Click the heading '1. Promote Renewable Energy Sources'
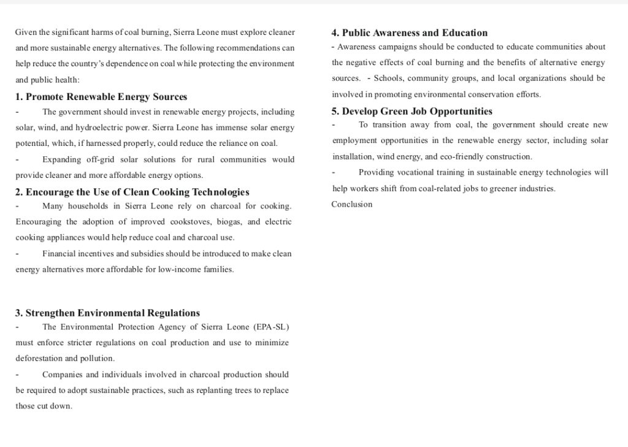pyautogui.click(x=101, y=97)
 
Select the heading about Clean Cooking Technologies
pyautogui.click(x=132, y=192)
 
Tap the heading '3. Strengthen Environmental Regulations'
pyautogui.click(x=107, y=313)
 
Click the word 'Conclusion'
pyautogui.click(x=351, y=204)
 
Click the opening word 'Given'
pyautogui.click(x=26, y=32)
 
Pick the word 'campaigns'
pyautogui.click(x=397, y=47)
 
